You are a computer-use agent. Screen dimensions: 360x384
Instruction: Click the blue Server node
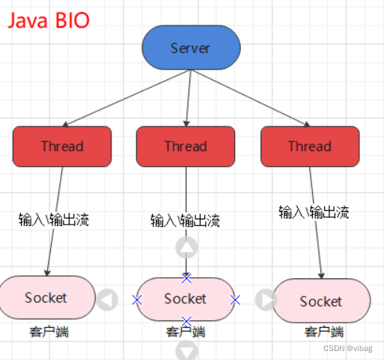tap(191, 49)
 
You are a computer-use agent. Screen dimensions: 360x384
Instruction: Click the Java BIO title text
tap(49, 19)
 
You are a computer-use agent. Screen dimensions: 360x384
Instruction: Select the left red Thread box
tap(62, 146)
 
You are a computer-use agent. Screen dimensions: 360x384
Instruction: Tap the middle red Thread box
tap(186, 146)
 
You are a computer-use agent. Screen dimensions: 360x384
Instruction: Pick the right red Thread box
tap(309, 146)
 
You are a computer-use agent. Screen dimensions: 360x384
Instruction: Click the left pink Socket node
tap(46, 297)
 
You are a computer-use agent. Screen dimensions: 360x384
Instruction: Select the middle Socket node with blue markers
tap(186, 299)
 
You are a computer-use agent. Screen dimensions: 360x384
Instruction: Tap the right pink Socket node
tap(321, 301)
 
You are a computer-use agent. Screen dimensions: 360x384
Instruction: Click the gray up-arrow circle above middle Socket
tap(186, 247)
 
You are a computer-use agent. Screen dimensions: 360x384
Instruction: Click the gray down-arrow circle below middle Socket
tap(186, 350)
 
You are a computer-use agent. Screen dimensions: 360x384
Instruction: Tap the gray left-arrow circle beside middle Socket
tap(108, 299)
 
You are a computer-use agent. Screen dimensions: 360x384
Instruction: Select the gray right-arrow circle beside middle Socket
tap(266, 299)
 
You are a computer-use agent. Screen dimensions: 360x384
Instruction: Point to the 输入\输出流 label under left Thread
tap(54, 220)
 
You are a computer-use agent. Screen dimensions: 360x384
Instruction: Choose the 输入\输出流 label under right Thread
tap(314, 212)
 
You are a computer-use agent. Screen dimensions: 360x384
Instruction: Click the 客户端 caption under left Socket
tap(46, 331)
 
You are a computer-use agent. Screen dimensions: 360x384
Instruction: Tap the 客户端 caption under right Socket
tap(323, 332)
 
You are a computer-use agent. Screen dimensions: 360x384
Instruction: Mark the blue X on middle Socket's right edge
tap(235, 299)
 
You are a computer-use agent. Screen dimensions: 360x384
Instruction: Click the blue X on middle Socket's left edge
tap(136, 299)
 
